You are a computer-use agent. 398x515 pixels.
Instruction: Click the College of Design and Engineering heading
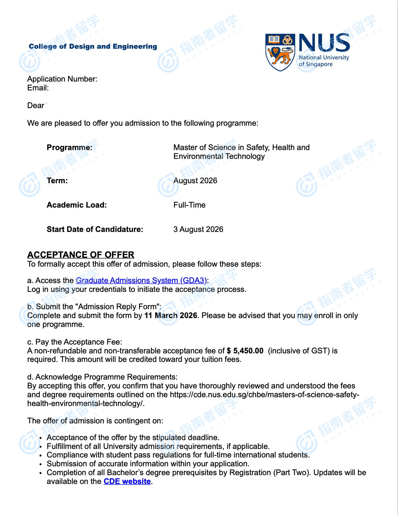click(x=93, y=47)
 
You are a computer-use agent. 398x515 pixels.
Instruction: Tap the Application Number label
click(x=62, y=79)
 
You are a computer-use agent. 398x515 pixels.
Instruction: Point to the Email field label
click(x=38, y=88)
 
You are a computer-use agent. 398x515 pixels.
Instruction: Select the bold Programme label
click(x=69, y=148)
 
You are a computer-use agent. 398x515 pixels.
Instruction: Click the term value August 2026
click(x=195, y=181)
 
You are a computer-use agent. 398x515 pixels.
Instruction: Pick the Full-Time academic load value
click(x=189, y=205)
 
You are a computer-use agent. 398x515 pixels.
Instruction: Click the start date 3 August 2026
click(x=198, y=229)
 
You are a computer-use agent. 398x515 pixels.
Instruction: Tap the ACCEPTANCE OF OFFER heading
click(x=81, y=255)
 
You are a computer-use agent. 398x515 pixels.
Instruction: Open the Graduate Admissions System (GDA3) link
click(x=141, y=281)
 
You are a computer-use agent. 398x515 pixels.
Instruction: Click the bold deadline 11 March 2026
click(x=171, y=316)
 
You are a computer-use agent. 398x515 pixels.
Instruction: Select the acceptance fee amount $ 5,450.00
click(x=245, y=351)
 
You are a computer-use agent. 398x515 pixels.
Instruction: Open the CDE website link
click(x=127, y=482)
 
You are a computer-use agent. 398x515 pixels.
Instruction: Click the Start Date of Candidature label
click(x=95, y=229)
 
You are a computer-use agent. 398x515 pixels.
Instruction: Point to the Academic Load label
click(x=77, y=205)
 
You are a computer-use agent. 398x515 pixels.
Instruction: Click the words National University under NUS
click(x=324, y=58)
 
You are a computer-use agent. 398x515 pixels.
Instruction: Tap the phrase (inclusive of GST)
click(x=299, y=351)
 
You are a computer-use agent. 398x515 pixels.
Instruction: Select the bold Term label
click(x=57, y=181)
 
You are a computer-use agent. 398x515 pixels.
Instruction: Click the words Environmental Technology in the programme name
click(x=219, y=156)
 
